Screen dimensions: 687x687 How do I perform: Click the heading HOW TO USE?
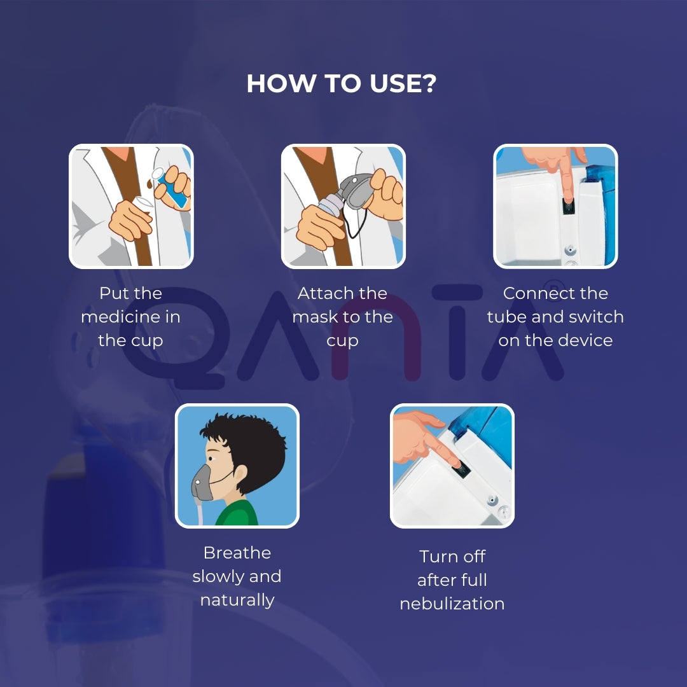click(342, 84)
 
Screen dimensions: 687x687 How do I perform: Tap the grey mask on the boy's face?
click(203, 484)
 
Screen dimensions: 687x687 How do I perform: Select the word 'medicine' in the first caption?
click(130, 317)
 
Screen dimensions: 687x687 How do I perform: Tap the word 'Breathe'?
click(237, 553)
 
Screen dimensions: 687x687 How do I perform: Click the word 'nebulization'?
click(452, 604)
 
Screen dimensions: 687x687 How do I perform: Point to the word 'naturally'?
click(237, 600)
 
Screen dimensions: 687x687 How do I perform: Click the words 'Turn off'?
click(452, 557)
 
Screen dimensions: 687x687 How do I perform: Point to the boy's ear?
click(240, 473)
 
